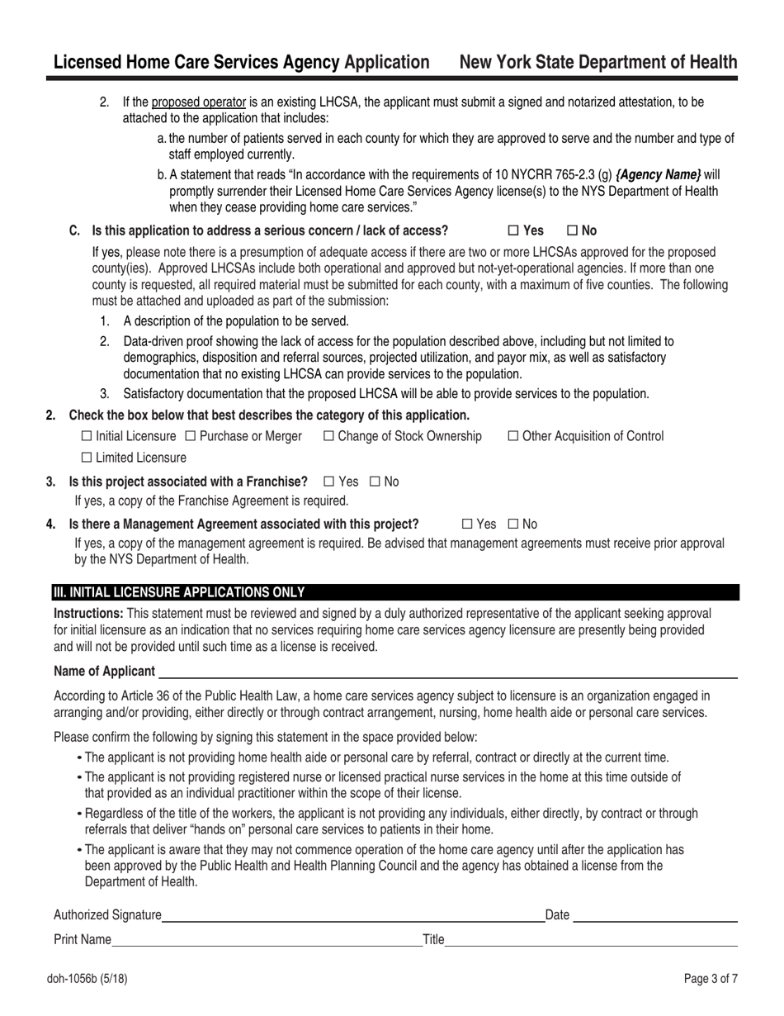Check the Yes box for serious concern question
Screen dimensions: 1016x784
[x=513, y=231]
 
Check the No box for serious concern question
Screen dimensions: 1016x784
[x=573, y=231]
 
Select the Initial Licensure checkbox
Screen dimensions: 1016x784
[x=87, y=436]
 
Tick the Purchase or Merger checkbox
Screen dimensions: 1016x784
[x=191, y=436]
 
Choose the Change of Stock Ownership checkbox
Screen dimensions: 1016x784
[x=328, y=436]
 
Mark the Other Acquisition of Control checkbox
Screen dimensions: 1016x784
[x=513, y=436]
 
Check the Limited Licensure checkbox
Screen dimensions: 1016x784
[x=87, y=458]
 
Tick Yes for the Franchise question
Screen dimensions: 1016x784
[x=329, y=482]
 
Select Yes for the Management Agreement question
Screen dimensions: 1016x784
[x=467, y=524]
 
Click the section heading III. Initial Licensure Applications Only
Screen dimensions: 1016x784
[x=179, y=592]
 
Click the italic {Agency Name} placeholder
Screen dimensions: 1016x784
[x=658, y=175]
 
